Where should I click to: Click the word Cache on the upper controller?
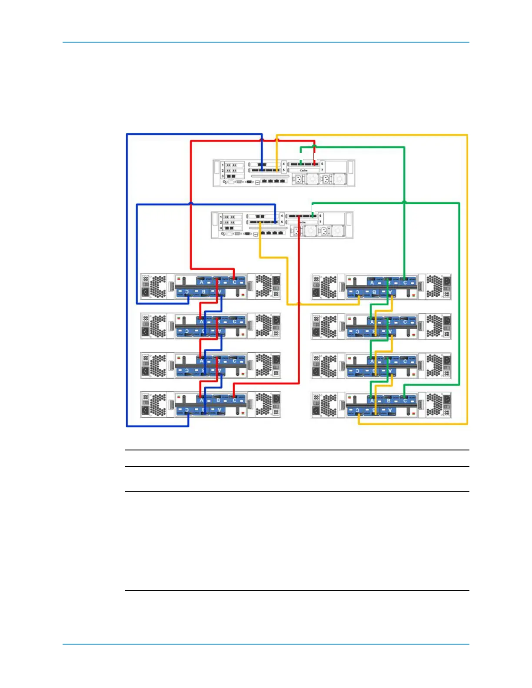pyautogui.click(x=303, y=171)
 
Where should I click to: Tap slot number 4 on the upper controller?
pyautogui.click(x=284, y=164)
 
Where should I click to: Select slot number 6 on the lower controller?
pyautogui.click(x=320, y=216)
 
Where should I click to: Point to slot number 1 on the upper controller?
pyautogui.click(x=223, y=165)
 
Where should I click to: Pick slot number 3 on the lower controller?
pyautogui.click(x=221, y=228)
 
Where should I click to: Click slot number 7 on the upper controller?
pyautogui.click(x=322, y=170)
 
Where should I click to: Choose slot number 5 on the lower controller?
pyautogui.click(x=282, y=222)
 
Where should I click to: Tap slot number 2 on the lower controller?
pyautogui.click(x=221, y=222)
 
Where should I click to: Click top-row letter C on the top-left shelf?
pyautogui.click(x=234, y=282)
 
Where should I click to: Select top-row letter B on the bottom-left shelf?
pyautogui.click(x=218, y=400)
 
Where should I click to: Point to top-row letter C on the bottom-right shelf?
pyautogui.click(x=405, y=400)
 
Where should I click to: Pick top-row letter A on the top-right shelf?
pyautogui.click(x=372, y=282)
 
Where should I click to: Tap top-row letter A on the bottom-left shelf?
pyautogui.click(x=201, y=400)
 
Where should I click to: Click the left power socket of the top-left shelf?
pyautogui.click(x=145, y=292)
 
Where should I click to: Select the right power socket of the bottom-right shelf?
pyautogui.click(x=447, y=399)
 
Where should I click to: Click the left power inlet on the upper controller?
pyautogui.click(x=298, y=179)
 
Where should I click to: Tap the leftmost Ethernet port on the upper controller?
pyautogui.click(x=263, y=180)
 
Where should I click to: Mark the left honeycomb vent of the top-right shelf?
pyautogui.click(x=329, y=287)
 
